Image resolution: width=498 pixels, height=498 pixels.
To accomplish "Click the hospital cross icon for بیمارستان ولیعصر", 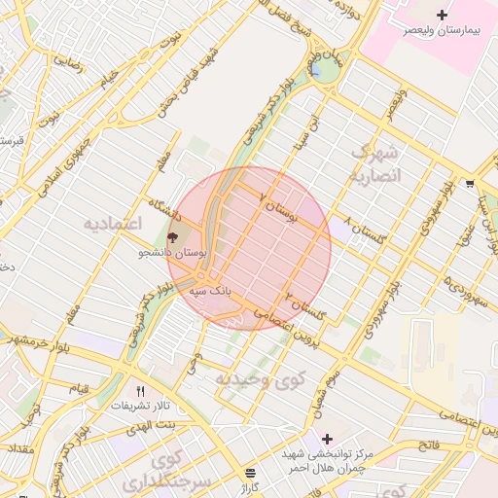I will click(443, 15).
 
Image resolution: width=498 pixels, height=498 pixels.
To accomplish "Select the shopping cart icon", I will click(470, 183).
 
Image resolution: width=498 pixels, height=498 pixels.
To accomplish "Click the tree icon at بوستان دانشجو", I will click(173, 236).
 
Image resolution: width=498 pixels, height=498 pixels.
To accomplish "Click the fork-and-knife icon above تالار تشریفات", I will click(141, 391).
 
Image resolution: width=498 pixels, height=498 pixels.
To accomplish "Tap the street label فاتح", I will click(429, 445).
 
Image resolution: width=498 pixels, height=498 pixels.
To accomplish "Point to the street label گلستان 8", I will click(365, 231).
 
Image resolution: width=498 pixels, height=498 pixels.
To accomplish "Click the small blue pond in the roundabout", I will click(315, 72).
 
